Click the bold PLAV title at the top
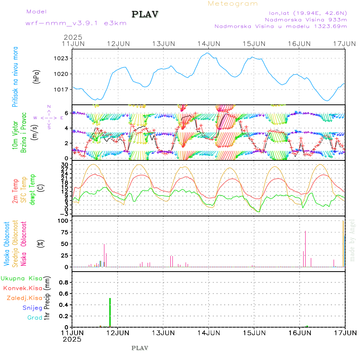point(145,14)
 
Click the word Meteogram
point(233,4)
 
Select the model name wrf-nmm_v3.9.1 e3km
point(76,23)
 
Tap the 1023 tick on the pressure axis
point(62,58)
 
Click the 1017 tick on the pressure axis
point(62,89)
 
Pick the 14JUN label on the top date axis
point(209,43)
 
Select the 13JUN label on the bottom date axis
point(163,333)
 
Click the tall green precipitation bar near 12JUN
point(110,312)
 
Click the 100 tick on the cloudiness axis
point(64,221)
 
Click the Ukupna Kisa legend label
point(21,278)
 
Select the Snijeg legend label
point(31,308)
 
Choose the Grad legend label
point(34,318)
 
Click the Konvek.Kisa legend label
point(22,288)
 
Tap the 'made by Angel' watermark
point(352,240)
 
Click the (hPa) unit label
point(36,76)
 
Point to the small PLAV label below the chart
point(140,348)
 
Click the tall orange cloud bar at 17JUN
point(343,244)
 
